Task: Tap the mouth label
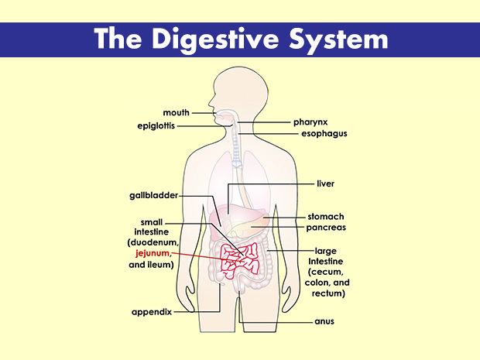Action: [176, 113]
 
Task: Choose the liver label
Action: [325, 183]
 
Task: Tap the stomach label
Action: [325, 216]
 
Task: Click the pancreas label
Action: [326, 228]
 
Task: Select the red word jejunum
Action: [152, 253]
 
